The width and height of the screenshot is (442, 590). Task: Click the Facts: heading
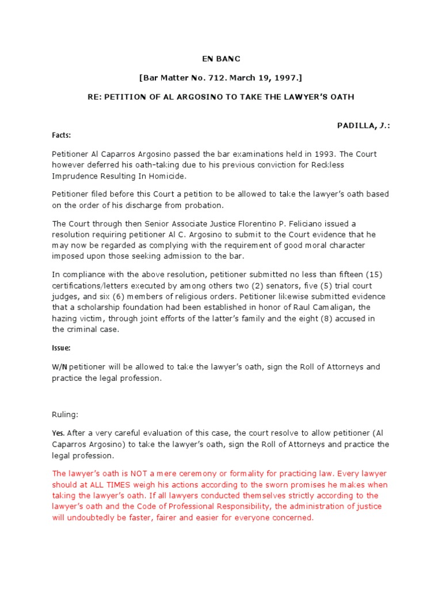click(x=61, y=135)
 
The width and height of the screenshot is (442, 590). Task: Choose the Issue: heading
click(x=62, y=348)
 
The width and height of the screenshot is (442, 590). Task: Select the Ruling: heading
click(x=65, y=414)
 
